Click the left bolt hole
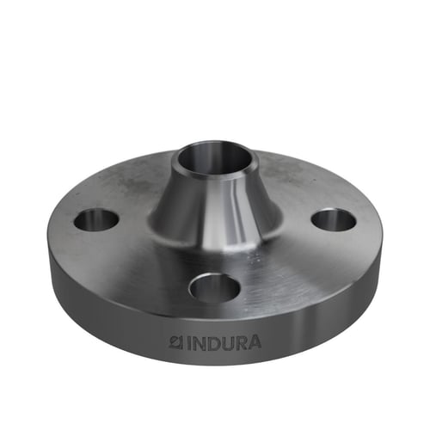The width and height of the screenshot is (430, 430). pyautogui.click(x=96, y=220)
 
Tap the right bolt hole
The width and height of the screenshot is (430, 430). pyautogui.click(x=334, y=220)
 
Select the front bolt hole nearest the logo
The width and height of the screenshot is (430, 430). pyautogui.click(x=214, y=287)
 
